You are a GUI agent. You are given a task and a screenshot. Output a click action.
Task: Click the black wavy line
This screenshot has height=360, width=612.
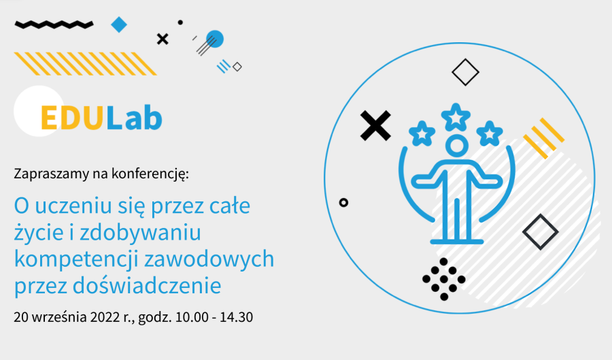pyautogui.click(x=54, y=24)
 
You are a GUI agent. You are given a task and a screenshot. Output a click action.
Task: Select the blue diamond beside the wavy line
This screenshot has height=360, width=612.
pyautogui.click(x=119, y=25)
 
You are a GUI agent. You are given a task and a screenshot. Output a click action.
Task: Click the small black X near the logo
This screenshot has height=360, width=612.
pyautogui.click(x=162, y=39)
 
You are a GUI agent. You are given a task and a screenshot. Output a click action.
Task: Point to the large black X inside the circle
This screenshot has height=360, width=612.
pyautogui.click(x=375, y=125)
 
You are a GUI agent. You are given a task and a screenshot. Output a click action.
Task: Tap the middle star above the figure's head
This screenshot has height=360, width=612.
pyautogui.click(x=456, y=116)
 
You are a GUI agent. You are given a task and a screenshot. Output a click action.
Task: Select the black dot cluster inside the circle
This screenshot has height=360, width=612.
pyautogui.click(x=443, y=279)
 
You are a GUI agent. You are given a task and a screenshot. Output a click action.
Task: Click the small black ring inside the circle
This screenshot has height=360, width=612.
pyautogui.click(x=343, y=202)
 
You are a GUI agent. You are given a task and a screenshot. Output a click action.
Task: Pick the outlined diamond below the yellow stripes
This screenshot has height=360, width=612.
pyautogui.click(x=541, y=231)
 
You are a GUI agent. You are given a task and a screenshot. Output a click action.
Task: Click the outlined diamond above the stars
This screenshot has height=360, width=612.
pyautogui.click(x=466, y=72)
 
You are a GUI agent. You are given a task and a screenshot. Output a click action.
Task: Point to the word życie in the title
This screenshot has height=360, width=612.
pyautogui.click(x=40, y=233)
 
